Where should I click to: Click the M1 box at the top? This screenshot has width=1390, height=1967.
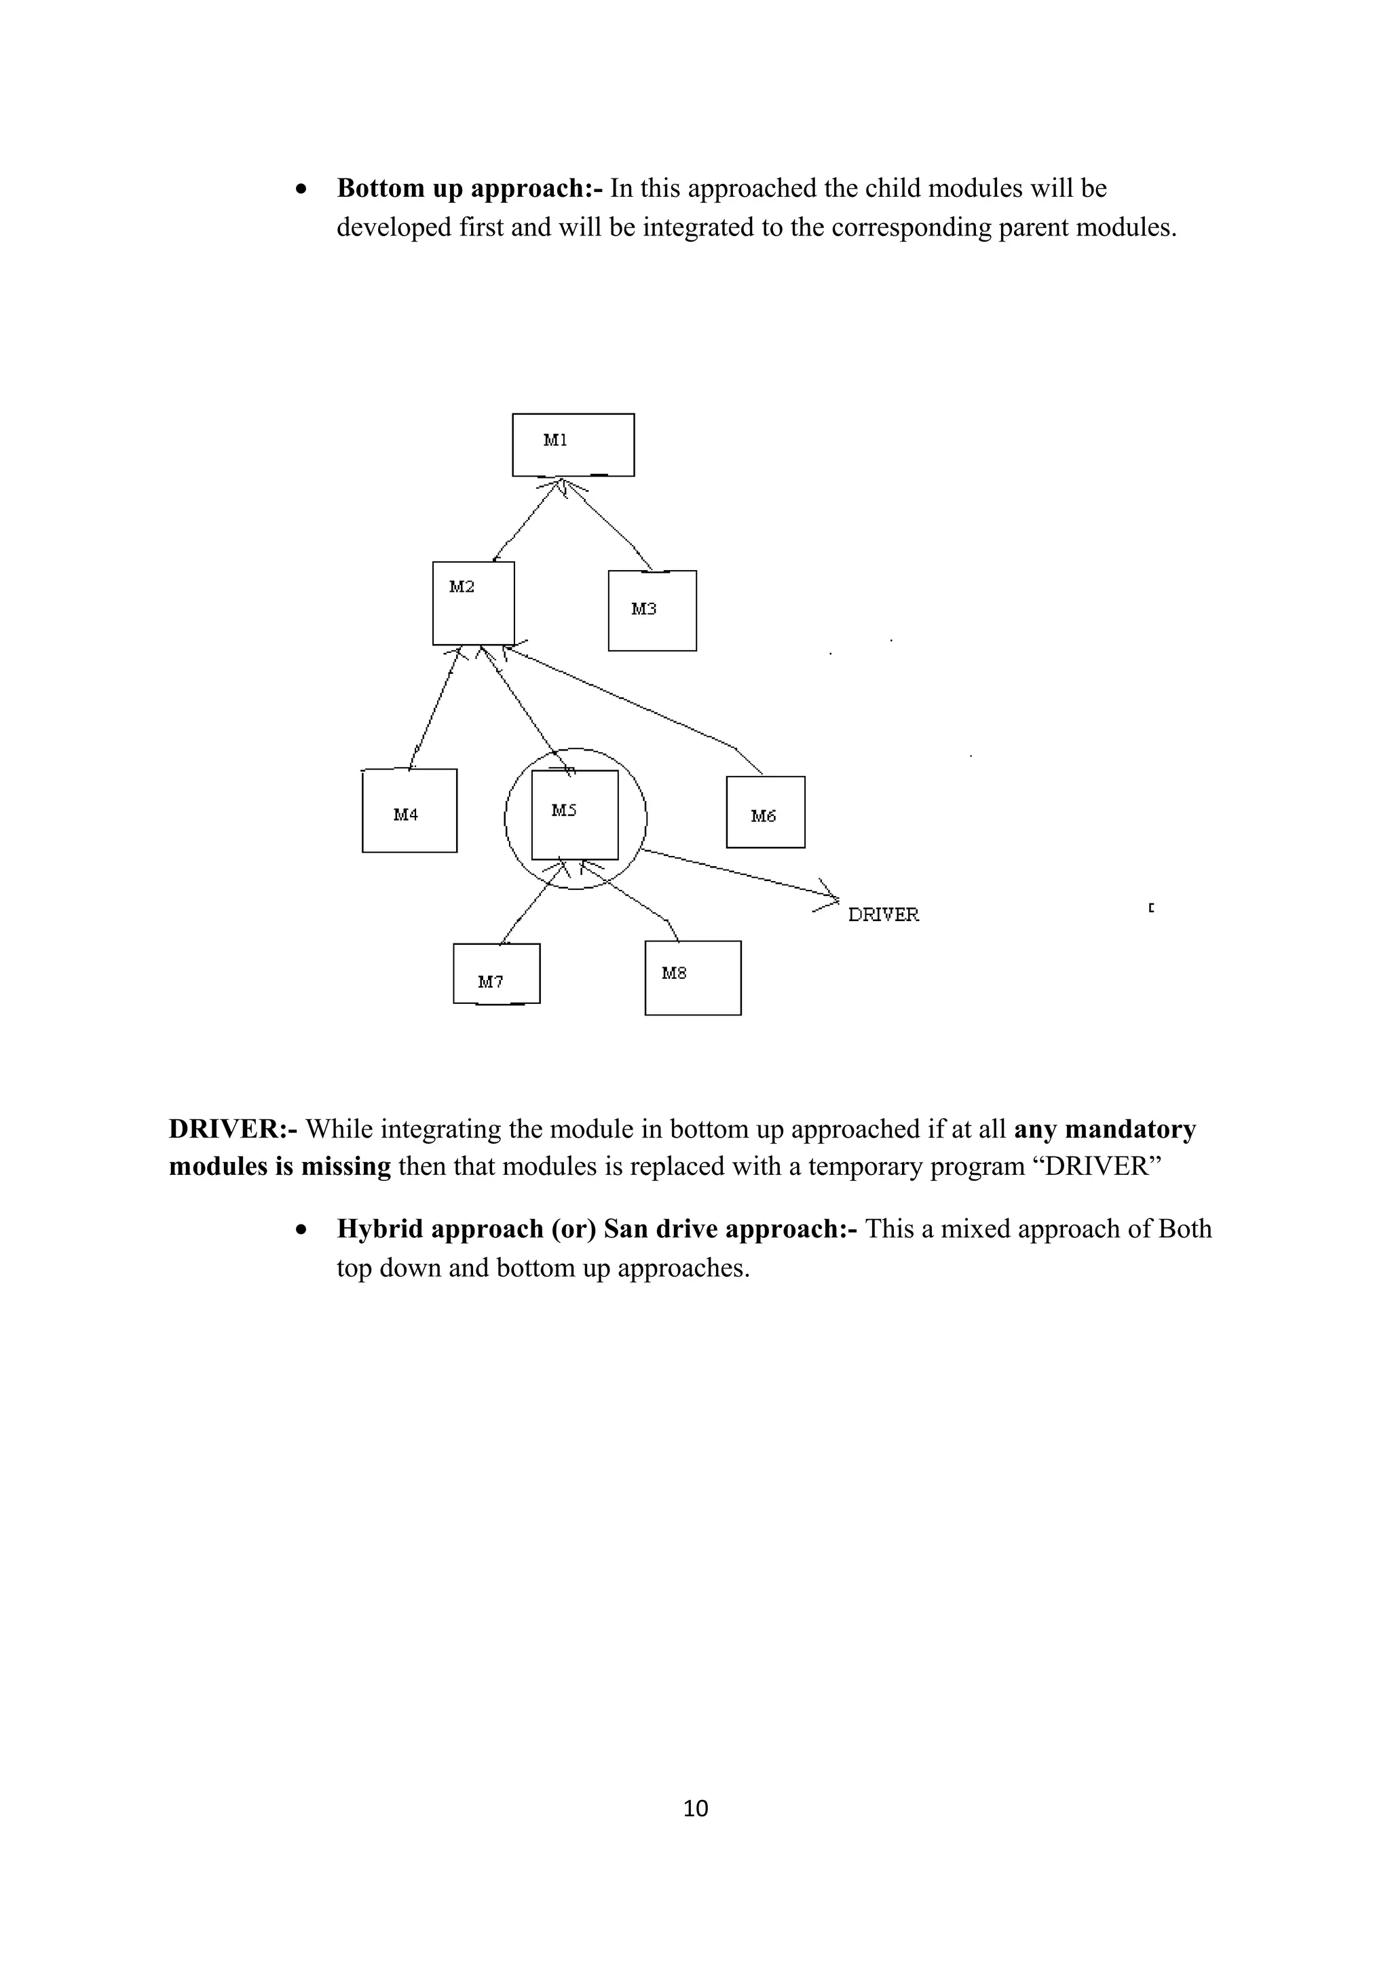pos(573,445)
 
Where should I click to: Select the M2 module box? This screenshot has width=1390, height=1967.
pos(474,603)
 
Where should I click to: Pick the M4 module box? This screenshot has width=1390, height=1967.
pos(409,810)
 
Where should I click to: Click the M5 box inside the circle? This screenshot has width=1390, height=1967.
pos(575,814)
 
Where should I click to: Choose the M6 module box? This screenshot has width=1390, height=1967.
pos(765,812)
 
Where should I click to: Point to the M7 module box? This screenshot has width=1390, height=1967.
pos(497,973)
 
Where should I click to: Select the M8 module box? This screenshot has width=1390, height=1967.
pos(693,978)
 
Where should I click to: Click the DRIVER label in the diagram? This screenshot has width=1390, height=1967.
pos(883,915)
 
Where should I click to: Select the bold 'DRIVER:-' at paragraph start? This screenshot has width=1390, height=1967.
pos(233,1129)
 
